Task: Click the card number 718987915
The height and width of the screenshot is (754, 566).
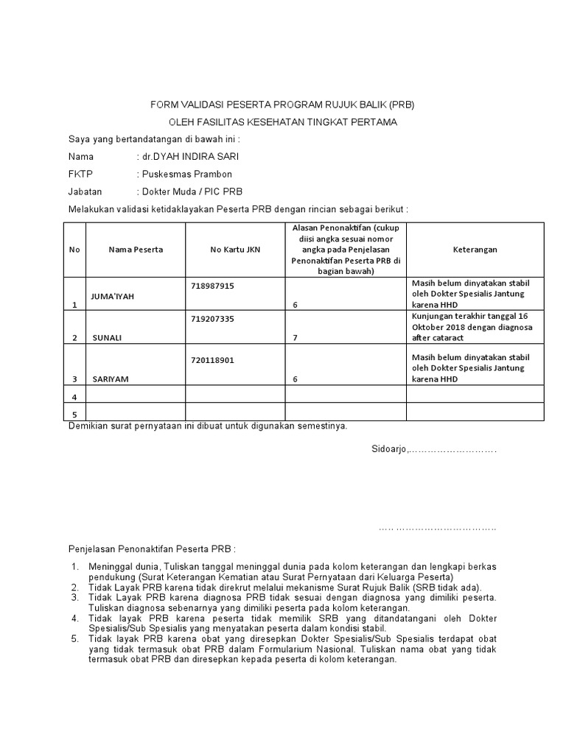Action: tap(212, 285)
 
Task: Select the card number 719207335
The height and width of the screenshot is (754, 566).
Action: tap(212, 319)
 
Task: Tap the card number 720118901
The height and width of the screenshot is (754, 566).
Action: tap(212, 360)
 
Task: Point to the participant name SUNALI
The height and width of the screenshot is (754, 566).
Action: tap(107, 338)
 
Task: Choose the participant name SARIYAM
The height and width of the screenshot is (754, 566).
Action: tap(111, 379)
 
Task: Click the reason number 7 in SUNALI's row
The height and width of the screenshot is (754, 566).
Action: tap(295, 338)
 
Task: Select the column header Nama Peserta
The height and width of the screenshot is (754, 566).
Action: tap(136, 250)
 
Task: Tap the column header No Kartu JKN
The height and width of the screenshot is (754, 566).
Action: tap(235, 250)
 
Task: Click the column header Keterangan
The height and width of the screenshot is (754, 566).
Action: tap(475, 250)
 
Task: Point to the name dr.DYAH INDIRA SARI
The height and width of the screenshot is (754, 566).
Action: tap(190, 157)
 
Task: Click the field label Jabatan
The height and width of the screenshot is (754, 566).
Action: tap(86, 191)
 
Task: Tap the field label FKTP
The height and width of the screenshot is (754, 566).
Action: tap(80, 175)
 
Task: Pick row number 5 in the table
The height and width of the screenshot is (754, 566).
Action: tap(74, 415)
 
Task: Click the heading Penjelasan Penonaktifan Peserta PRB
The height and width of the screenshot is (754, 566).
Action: tap(152, 549)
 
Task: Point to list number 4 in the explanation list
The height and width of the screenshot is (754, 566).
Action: tap(74, 619)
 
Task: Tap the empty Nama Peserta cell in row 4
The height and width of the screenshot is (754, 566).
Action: tap(136, 394)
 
